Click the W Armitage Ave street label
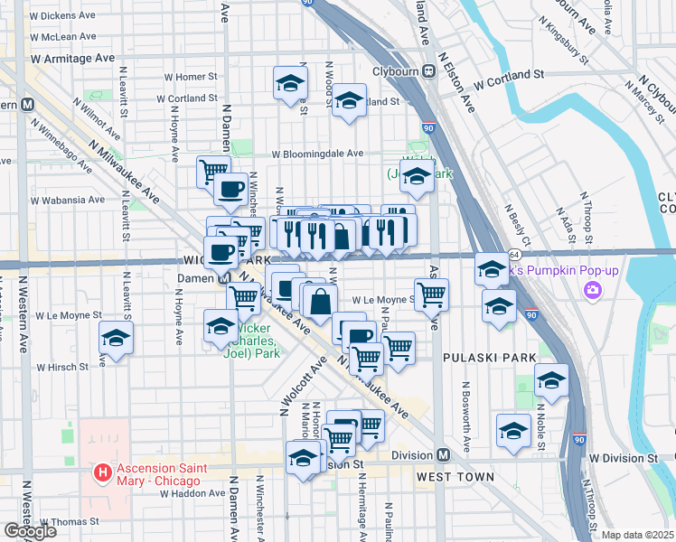(x=72, y=57)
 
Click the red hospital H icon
(x=103, y=472)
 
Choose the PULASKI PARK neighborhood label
(x=486, y=359)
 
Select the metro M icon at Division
(x=443, y=455)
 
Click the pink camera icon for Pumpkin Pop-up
(x=593, y=290)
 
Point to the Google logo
(x=30, y=531)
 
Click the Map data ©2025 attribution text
(x=638, y=535)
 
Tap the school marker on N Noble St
(x=551, y=380)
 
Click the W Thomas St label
(x=67, y=522)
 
